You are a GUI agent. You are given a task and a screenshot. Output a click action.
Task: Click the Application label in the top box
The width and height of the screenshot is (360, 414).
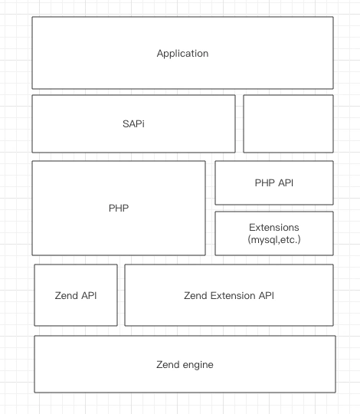pos(182,54)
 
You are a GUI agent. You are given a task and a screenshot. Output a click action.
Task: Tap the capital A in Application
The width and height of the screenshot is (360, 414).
pos(160,53)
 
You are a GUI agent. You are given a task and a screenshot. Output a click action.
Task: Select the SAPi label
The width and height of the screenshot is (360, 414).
pos(133,124)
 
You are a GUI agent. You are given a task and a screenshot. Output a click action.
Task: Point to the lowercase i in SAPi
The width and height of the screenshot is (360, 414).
pos(143,124)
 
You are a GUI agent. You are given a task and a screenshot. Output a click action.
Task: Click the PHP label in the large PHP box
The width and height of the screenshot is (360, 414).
pos(119,208)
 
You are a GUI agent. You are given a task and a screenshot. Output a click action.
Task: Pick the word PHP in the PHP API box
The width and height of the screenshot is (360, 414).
pos(264,182)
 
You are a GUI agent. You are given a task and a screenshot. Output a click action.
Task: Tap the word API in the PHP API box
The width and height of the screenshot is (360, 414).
pos(286,182)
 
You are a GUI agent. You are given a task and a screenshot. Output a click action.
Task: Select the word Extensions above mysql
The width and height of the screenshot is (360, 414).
pos(274,228)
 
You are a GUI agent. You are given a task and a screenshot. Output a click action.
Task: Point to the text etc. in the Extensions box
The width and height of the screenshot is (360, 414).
pos(290,240)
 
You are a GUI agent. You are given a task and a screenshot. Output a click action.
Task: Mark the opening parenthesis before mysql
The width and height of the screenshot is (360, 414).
pos(249,240)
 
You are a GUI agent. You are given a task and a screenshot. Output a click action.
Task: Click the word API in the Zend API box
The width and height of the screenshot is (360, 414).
pos(89,295)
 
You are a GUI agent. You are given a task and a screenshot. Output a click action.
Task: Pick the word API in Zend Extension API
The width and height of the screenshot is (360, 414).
pos(267,295)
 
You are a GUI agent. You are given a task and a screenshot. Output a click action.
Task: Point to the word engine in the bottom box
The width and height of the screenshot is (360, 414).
pos(198,365)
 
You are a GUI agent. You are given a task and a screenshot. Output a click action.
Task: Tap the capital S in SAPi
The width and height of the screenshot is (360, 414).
pos(126,124)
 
